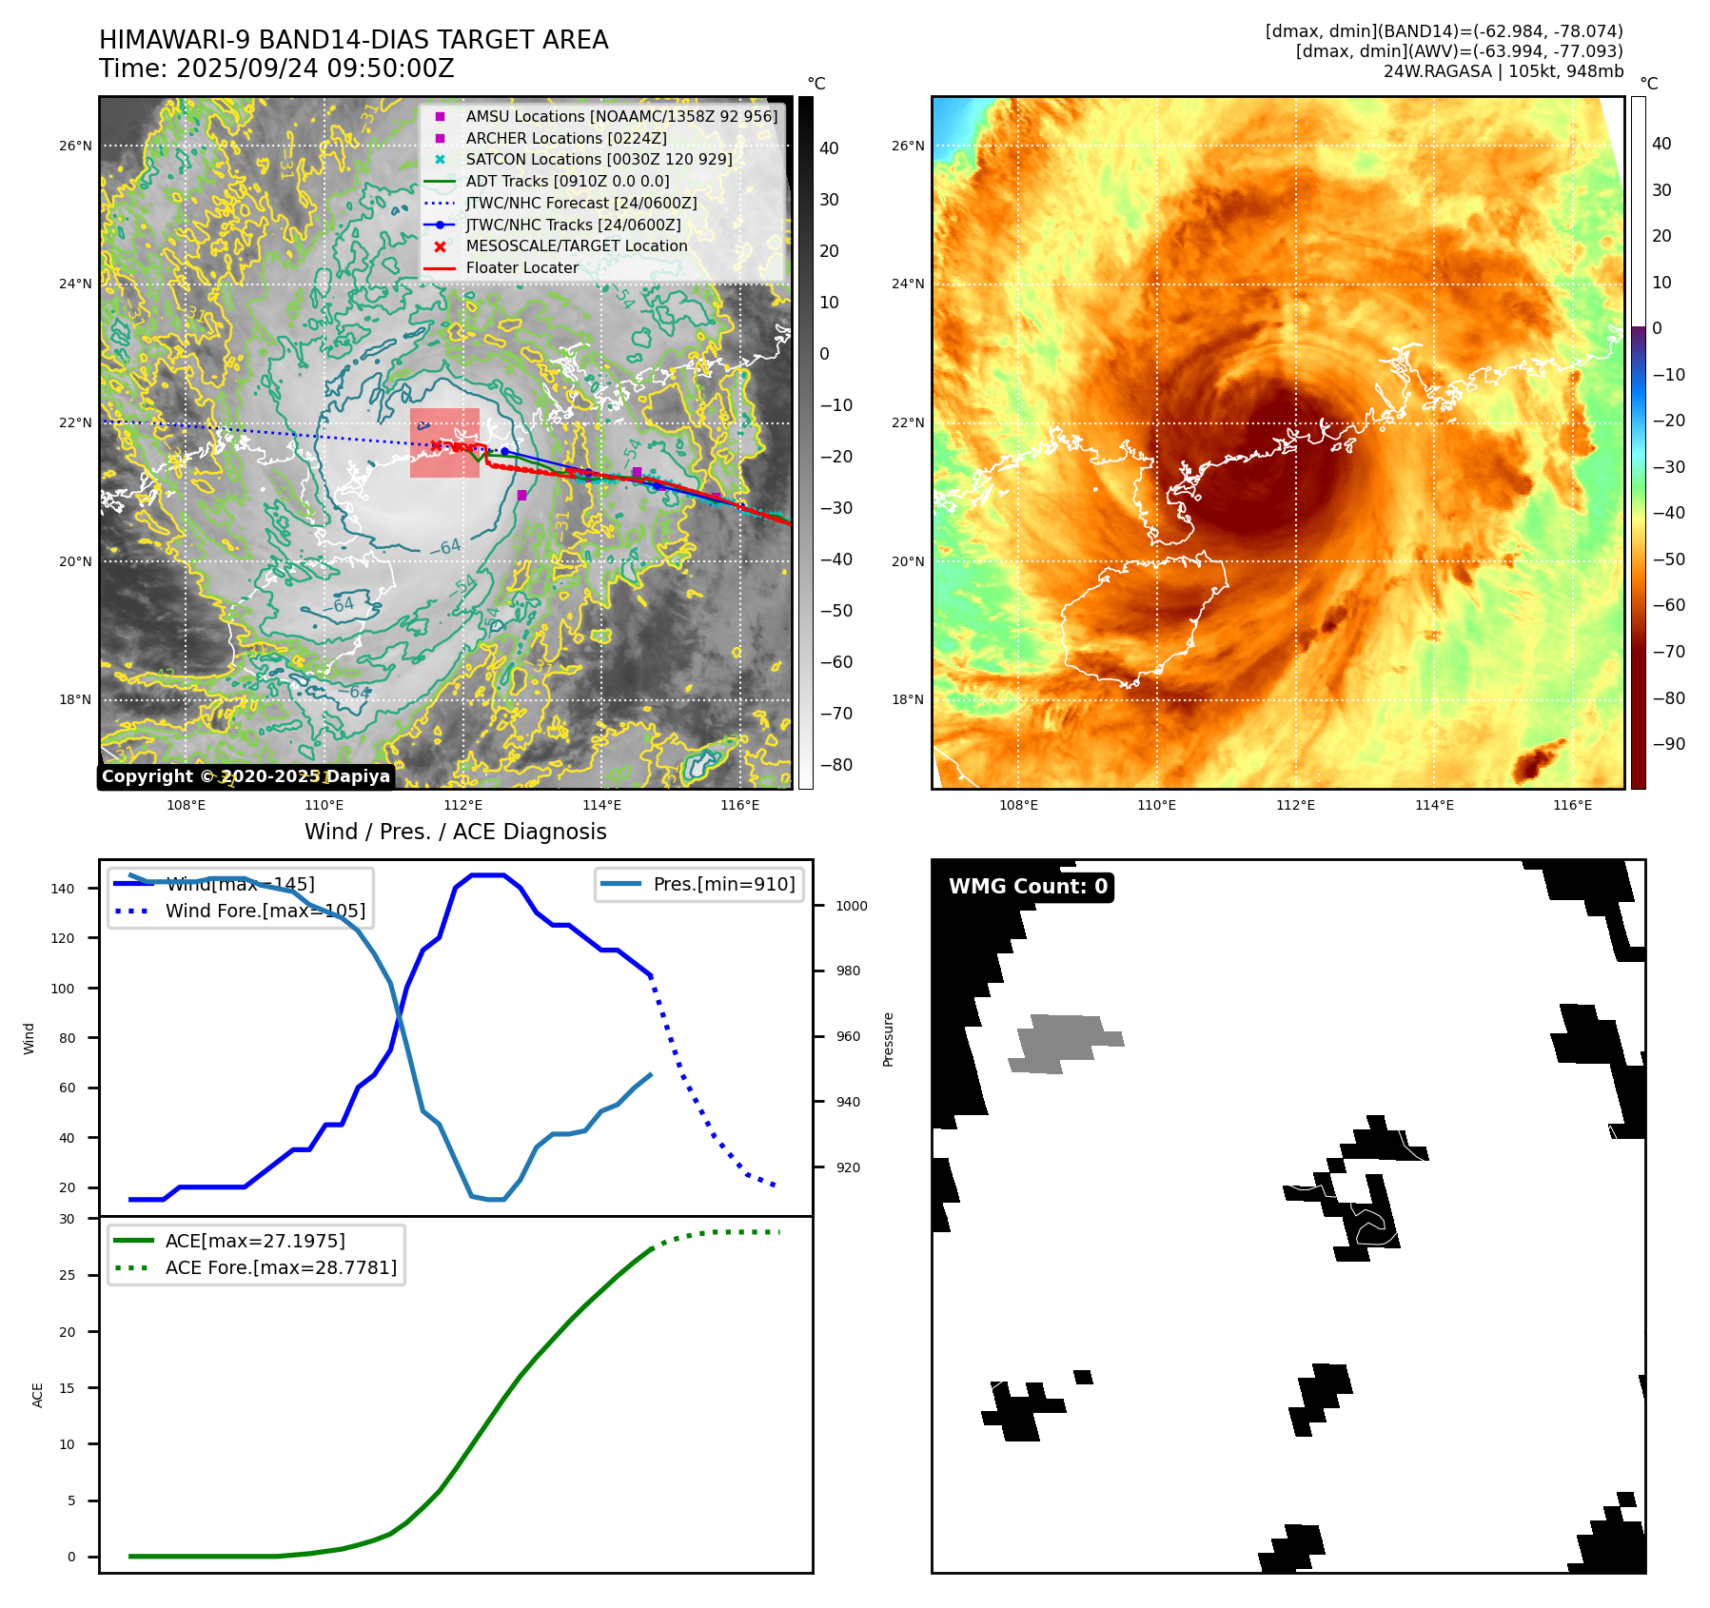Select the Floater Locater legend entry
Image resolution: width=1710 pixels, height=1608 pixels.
click(x=521, y=268)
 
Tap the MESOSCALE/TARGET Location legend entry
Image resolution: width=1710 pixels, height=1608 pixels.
click(x=576, y=246)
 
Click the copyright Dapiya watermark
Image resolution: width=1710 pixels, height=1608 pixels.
click(x=246, y=776)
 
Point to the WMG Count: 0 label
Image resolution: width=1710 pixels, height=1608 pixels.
click(x=1028, y=887)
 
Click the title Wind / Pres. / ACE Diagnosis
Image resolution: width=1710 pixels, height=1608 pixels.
click(x=455, y=832)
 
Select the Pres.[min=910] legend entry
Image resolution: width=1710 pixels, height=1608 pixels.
click(x=723, y=884)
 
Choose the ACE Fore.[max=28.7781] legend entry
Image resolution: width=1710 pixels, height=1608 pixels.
click(x=281, y=1267)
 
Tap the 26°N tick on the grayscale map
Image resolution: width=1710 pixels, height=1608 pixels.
click(x=76, y=146)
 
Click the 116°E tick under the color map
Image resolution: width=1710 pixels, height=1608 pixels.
click(x=1572, y=805)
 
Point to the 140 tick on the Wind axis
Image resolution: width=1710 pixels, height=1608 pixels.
click(x=63, y=889)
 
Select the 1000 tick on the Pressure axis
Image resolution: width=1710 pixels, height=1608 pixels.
click(x=851, y=906)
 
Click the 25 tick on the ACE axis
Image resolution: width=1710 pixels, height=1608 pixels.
click(x=68, y=1275)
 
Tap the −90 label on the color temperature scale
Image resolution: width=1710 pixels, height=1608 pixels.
click(x=1668, y=744)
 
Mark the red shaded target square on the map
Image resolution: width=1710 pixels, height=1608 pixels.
click(x=444, y=442)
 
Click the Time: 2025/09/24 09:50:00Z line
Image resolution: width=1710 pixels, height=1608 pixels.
click(x=276, y=69)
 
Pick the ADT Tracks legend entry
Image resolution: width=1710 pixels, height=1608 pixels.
click(x=567, y=182)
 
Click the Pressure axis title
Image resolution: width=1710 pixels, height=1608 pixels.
click(x=888, y=1039)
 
